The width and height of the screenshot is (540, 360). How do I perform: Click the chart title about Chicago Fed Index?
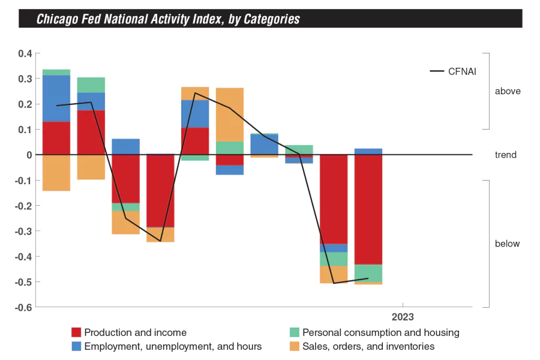tap(168, 19)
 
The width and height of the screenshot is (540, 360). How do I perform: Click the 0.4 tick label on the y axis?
tap(25, 53)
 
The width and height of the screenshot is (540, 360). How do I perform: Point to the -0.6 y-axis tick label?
tap(23, 307)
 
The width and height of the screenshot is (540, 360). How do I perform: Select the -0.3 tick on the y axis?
tap(23, 231)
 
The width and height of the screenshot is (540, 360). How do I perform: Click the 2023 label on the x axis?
tap(403, 317)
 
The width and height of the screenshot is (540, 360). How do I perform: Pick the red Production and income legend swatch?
tap(76, 332)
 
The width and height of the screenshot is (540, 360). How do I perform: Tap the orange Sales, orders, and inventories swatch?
tap(295, 346)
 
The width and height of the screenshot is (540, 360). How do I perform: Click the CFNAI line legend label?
tap(462, 71)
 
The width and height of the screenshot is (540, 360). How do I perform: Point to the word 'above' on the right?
tap(508, 92)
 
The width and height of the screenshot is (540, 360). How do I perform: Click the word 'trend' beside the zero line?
tap(505, 155)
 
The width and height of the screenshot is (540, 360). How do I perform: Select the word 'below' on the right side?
tap(508, 244)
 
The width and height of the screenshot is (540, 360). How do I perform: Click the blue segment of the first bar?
tap(56, 98)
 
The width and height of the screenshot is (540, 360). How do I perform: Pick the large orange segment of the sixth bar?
tap(230, 115)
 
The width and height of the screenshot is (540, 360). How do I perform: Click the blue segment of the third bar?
tap(126, 146)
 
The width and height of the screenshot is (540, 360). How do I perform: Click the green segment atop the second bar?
tap(91, 85)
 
